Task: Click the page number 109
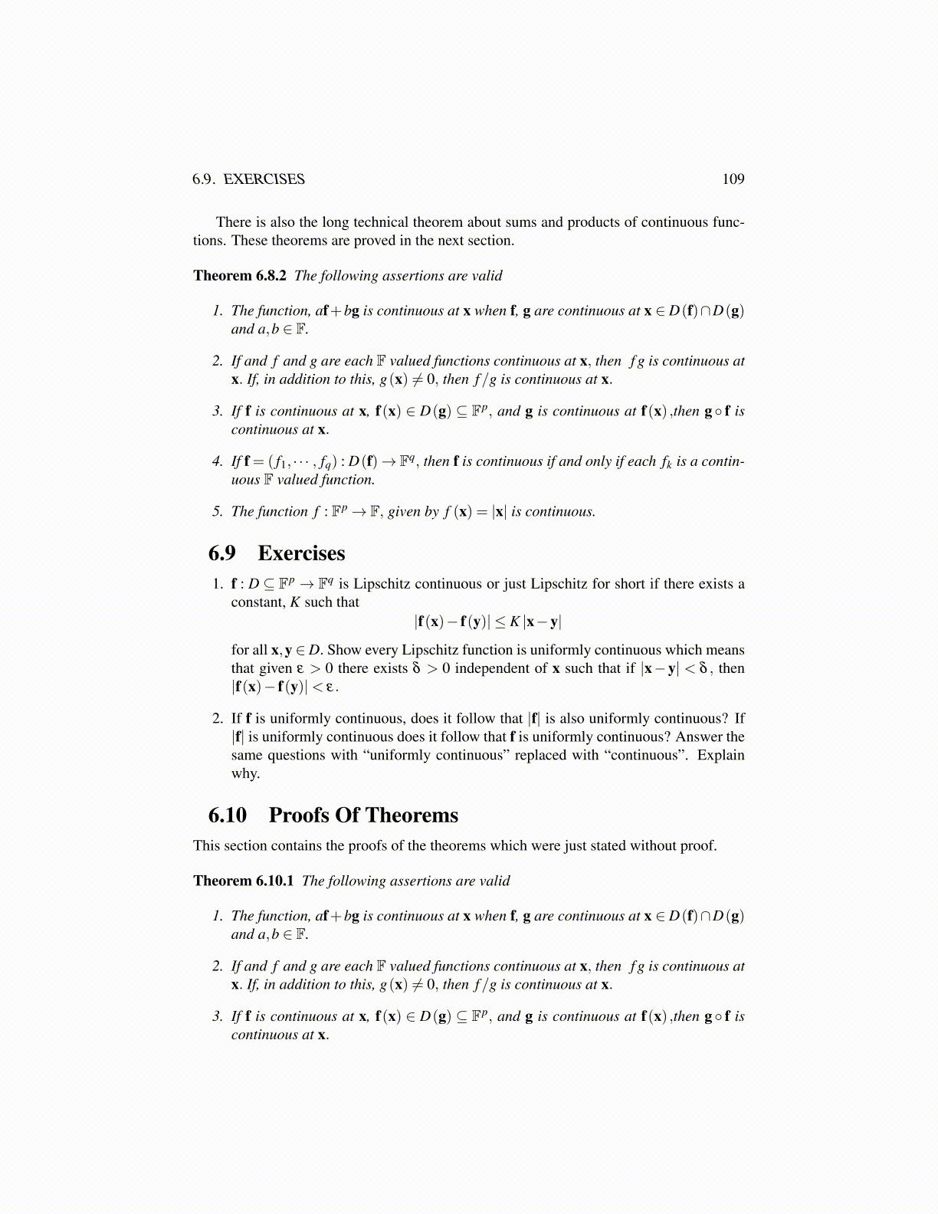click(733, 179)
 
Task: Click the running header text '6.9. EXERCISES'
click(248, 179)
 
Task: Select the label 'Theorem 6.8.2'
click(240, 276)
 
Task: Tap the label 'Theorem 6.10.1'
click(243, 881)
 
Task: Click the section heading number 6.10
click(228, 815)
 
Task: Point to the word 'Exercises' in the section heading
click(301, 553)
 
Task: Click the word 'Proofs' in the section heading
click(298, 815)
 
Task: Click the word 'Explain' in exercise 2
click(720, 756)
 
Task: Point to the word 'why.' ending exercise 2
click(245, 774)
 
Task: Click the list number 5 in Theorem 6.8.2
click(217, 512)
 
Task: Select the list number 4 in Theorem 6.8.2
click(217, 462)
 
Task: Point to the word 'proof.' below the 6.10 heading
click(698, 846)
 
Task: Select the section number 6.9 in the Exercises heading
click(222, 553)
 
